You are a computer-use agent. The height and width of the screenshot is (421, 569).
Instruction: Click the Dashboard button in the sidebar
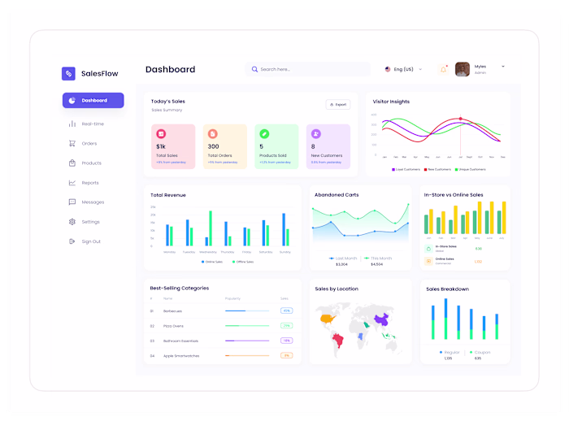pyautogui.click(x=93, y=101)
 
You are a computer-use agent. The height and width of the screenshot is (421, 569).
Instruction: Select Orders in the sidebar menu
pyautogui.click(x=89, y=143)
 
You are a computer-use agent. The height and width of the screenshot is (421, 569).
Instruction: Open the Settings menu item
pyautogui.click(x=90, y=222)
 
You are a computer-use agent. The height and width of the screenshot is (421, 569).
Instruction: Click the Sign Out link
pyautogui.click(x=91, y=241)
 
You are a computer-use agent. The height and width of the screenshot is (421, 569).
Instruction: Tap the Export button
pyautogui.click(x=337, y=104)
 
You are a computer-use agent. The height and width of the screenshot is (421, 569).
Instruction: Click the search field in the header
pyautogui.click(x=309, y=70)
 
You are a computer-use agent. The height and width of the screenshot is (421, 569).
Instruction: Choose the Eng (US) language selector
pyautogui.click(x=403, y=70)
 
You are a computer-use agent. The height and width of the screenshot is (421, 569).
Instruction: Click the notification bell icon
pyautogui.click(x=444, y=70)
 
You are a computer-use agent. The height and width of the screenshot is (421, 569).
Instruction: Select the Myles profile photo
pyautogui.click(x=463, y=70)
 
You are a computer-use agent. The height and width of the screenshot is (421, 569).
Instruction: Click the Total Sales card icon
pyautogui.click(x=161, y=133)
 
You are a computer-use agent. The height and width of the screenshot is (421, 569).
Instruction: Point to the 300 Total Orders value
pyautogui.click(x=213, y=146)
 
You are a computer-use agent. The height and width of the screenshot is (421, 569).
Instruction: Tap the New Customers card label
pyautogui.click(x=325, y=154)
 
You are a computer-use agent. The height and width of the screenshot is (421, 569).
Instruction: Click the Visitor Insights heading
pyautogui.click(x=391, y=102)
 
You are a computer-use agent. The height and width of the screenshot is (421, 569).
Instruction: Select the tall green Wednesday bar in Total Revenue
pyautogui.click(x=211, y=228)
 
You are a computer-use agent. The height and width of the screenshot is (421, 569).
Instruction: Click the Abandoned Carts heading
pyautogui.click(x=337, y=195)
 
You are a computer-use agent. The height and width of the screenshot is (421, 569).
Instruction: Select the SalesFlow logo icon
pyautogui.click(x=68, y=73)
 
